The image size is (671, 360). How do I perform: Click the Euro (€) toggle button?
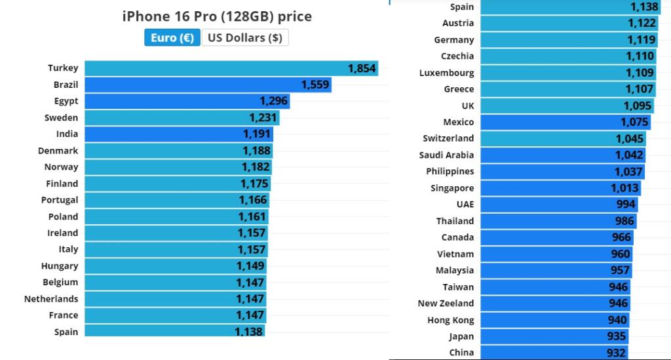172,38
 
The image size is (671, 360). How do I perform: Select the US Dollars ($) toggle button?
245,38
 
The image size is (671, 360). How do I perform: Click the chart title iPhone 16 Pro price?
217,16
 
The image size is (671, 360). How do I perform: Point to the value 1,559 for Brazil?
315,85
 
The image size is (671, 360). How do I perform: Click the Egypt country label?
66,101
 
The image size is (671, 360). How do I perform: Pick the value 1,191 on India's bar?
256,134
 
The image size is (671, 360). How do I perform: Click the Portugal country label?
60,200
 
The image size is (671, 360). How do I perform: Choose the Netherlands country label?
51,299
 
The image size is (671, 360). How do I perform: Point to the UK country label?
467,106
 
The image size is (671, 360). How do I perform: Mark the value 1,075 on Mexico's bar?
634,122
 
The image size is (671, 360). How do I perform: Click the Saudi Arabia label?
446,155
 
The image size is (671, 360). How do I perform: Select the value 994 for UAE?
626,205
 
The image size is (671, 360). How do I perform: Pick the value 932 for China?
617,353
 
